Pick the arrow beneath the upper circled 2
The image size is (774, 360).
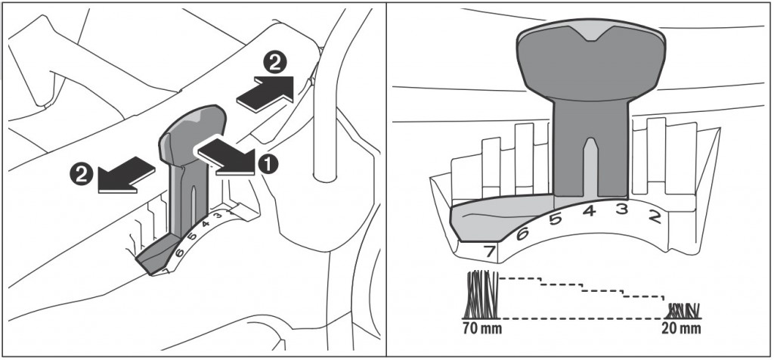point(265,93)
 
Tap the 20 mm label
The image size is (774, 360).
point(681,329)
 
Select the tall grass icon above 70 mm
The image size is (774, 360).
point(480,295)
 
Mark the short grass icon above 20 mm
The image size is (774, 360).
point(683,309)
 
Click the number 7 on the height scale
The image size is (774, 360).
point(488,250)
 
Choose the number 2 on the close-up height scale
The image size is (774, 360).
point(655,219)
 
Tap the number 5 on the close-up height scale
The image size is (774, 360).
point(556,220)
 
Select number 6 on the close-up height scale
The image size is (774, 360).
point(522,234)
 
